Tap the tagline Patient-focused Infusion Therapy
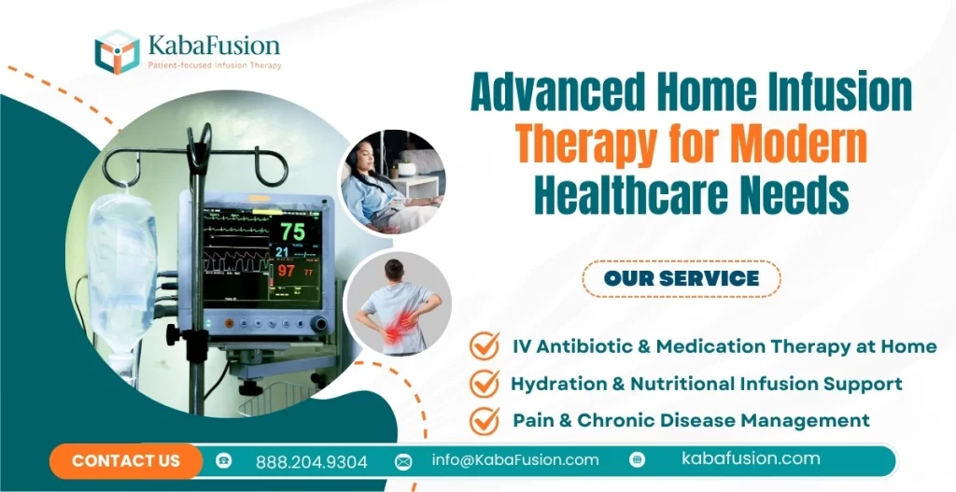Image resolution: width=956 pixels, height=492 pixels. pyautogui.click(x=214, y=65)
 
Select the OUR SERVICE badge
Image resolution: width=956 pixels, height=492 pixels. pyautogui.click(x=682, y=278)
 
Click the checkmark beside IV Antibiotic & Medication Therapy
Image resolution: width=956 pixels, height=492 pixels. pyautogui.click(x=485, y=345)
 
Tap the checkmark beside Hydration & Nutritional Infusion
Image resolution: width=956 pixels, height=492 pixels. pyautogui.click(x=485, y=383)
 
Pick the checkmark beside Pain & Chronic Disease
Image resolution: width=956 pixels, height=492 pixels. pyautogui.click(x=485, y=419)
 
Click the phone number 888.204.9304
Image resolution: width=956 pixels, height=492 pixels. pyautogui.click(x=311, y=461)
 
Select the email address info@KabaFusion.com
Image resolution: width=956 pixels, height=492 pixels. pyautogui.click(x=515, y=459)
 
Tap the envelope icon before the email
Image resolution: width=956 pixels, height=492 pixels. pyautogui.click(x=403, y=461)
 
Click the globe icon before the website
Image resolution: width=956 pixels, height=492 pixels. pyautogui.click(x=638, y=459)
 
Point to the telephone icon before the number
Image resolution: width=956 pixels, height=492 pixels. pyautogui.click(x=224, y=461)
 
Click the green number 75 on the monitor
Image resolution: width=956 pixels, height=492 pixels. pyautogui.click(x=291, y=231)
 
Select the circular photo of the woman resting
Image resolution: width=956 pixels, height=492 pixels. pyautogui.click(x=390, y=181)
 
